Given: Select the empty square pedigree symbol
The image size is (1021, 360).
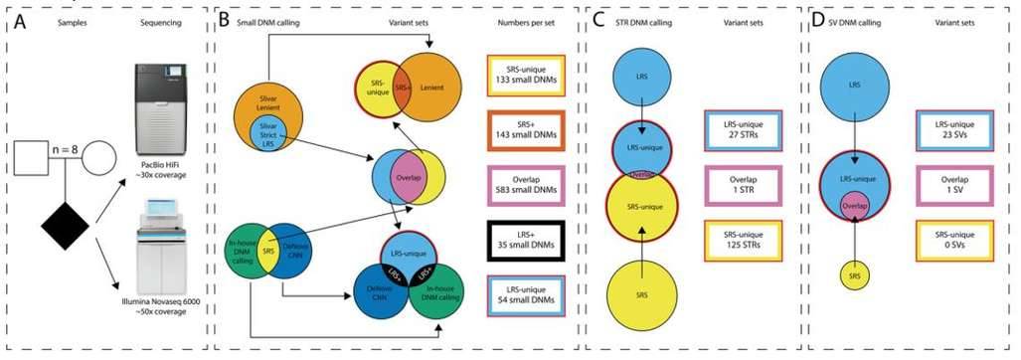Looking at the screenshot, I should pyautogui.click(x=28, y=157).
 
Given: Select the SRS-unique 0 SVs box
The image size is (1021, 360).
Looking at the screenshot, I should pyautogui.click(x=957, y=240).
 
